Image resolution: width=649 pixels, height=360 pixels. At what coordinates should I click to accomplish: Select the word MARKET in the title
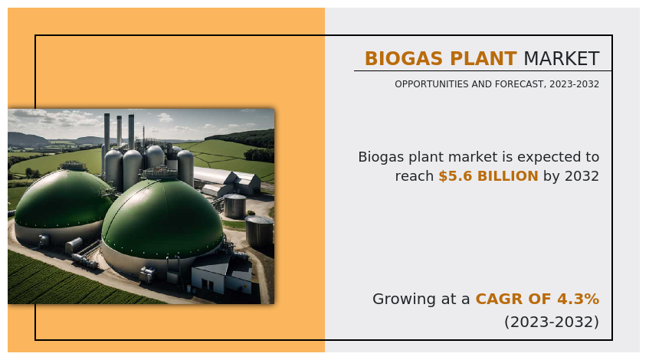(x=561, y=59)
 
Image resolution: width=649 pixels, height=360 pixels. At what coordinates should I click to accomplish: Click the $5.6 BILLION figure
(x=488, y=176)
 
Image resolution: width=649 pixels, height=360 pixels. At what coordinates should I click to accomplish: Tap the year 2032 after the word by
(x=582, y=176)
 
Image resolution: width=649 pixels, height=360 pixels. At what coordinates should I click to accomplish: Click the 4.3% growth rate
(x=580, y=299)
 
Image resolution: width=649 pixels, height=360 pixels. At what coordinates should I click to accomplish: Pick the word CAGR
(x=499, y=299)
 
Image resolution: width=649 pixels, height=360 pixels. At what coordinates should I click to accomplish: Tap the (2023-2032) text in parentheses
(x=551, y=322)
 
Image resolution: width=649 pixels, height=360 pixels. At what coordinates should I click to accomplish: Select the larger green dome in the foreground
(x=161, y=218)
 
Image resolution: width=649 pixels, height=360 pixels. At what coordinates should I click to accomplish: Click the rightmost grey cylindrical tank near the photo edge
(x=259, y=231)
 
